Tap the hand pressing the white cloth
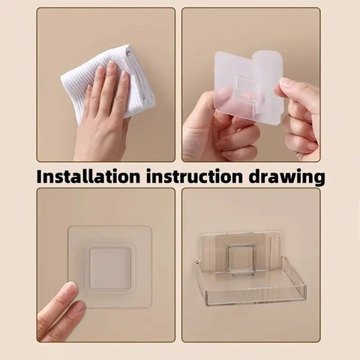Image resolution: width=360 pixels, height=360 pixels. [101, 112]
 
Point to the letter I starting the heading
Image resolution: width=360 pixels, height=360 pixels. [40, 178]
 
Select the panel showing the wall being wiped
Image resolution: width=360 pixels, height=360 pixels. [106, 84]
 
